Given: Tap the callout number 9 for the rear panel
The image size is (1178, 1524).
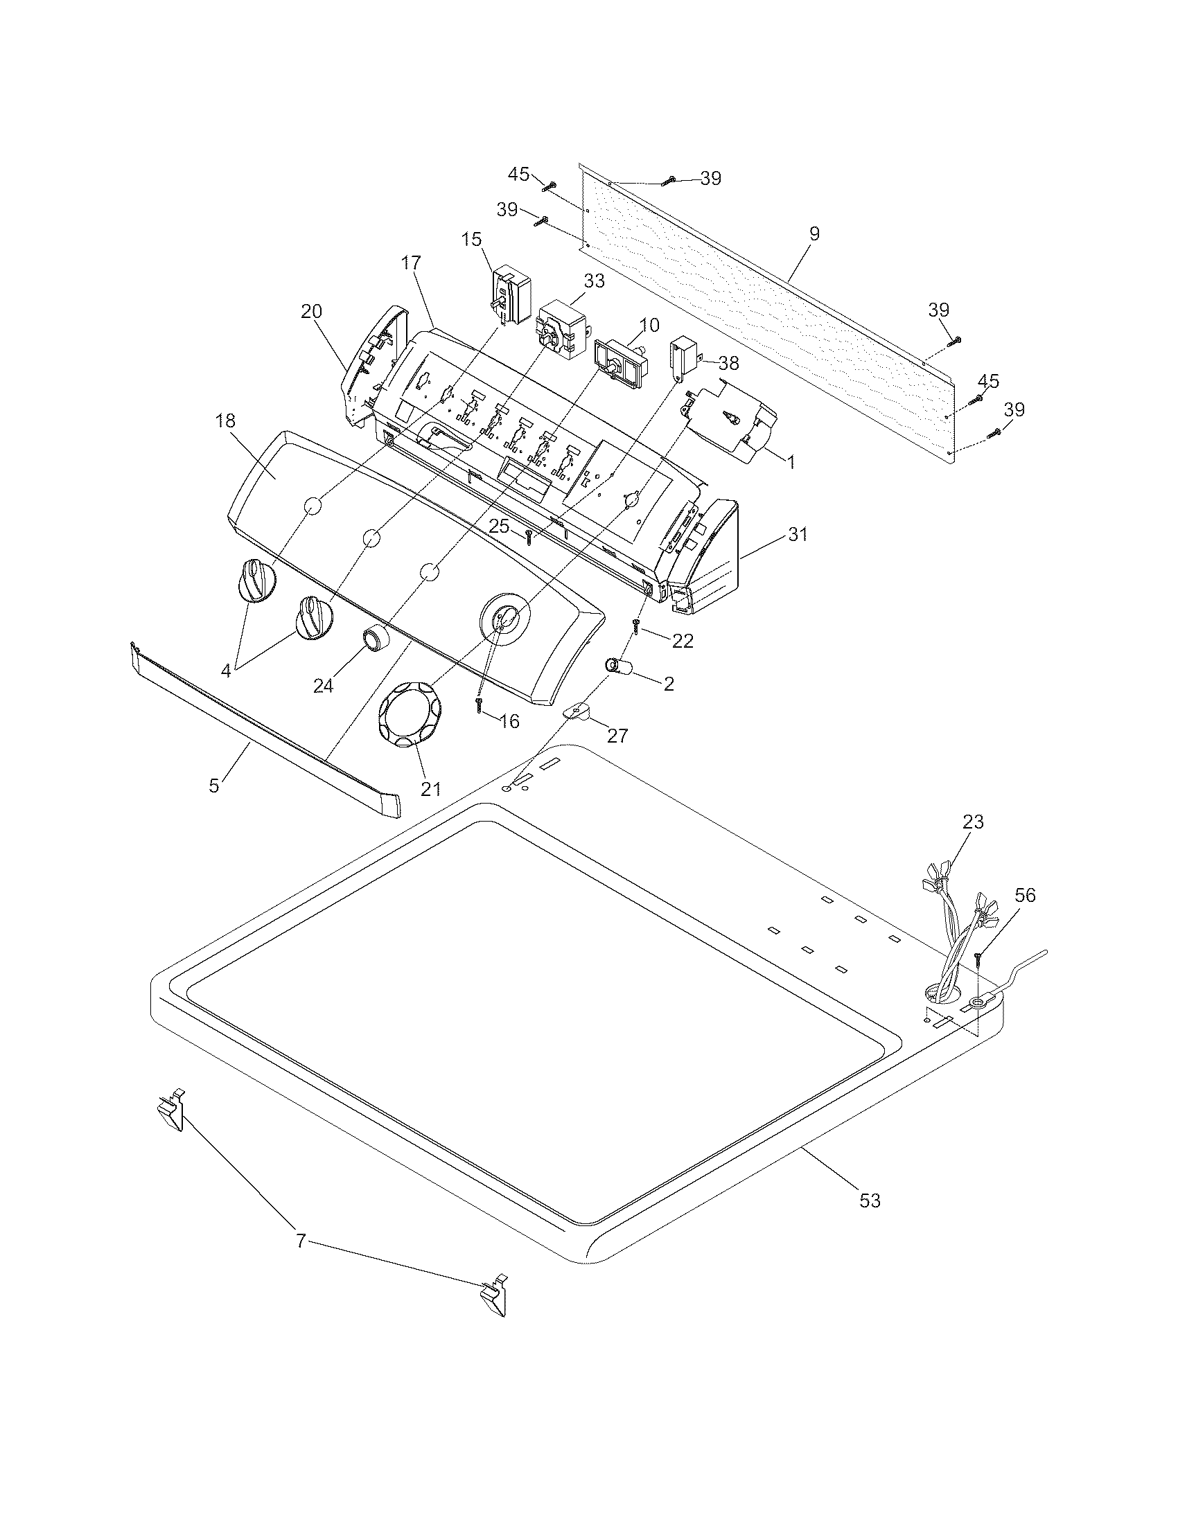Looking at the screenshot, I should point(814,234).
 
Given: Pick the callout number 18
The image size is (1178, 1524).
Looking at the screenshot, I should point(225,420).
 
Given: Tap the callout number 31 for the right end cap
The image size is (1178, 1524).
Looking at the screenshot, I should point(798,535).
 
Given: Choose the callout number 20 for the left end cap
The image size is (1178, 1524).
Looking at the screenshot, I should point(312,312).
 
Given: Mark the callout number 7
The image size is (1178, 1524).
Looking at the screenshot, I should point(301,1241).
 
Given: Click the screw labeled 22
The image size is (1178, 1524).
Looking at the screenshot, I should point(636,626).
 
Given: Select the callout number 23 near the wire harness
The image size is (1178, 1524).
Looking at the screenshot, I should point(973,822).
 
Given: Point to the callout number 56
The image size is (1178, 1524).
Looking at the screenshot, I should point(1025,895).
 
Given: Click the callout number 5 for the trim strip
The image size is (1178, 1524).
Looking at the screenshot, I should point(214,785).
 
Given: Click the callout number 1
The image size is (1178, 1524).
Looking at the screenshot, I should point(791,461).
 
